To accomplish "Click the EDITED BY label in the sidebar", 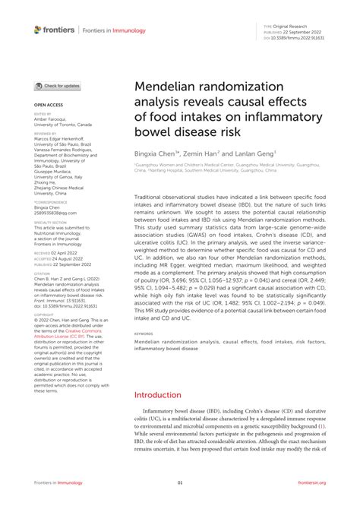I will (43, 113).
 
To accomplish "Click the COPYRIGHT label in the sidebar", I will (44, 312).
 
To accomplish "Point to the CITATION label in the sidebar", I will (43, 271).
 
